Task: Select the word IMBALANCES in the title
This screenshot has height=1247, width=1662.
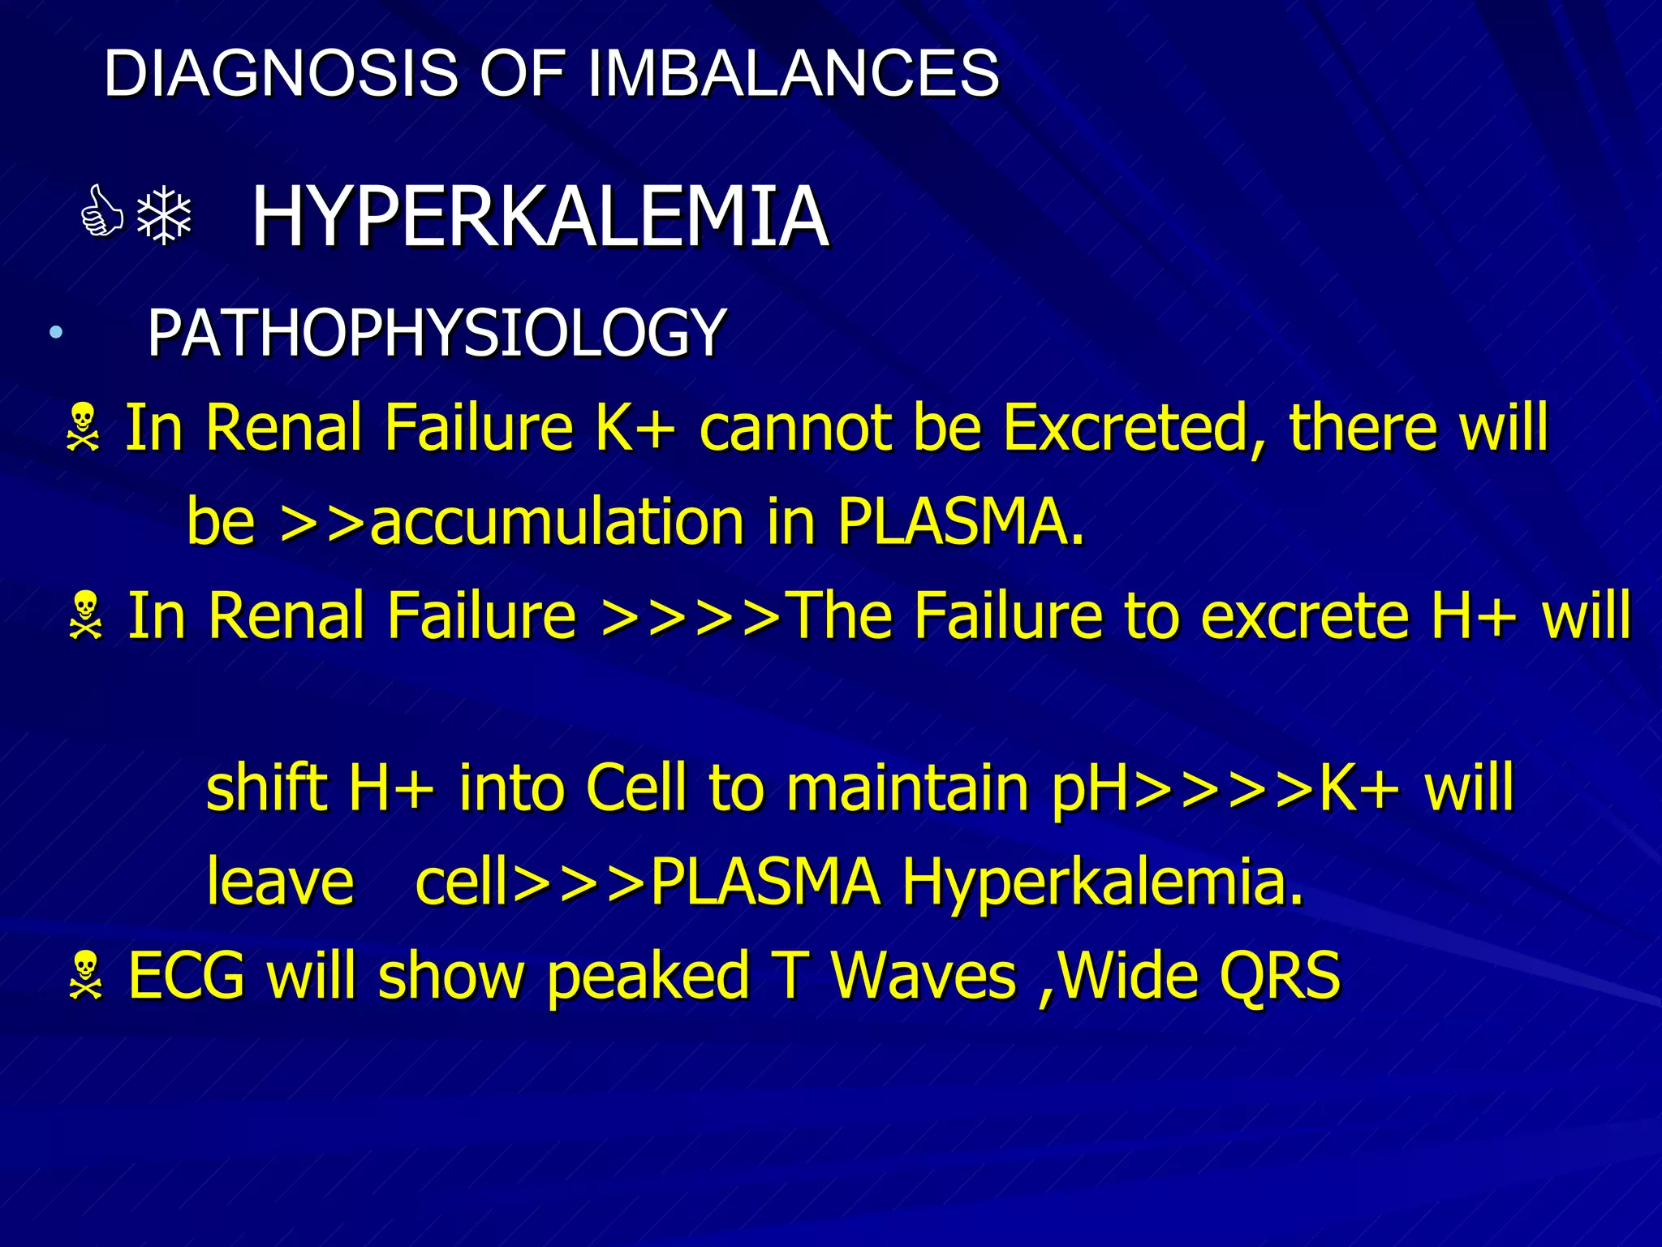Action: click(x=792, y=73)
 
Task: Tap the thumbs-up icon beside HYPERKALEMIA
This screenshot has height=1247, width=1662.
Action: click(x=102, y=214)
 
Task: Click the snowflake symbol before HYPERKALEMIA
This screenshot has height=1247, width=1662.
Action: click(x=164, y=215)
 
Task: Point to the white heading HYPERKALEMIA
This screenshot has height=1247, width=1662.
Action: click(x=540, y=217)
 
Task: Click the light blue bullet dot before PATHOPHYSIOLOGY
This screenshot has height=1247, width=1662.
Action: click(x=55, y=332)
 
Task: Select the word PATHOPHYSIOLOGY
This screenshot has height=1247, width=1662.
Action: click(x=436, y=333)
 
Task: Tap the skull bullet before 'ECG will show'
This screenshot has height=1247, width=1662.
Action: click(x=85, y=977)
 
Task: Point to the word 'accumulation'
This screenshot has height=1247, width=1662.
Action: click(x=557, y=521)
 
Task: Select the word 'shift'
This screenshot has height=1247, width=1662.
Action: click(x=265, y=787)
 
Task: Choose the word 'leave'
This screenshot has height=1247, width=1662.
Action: click(x=280, y=882)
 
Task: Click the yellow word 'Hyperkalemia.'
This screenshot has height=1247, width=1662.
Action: click(x=1103, y=883)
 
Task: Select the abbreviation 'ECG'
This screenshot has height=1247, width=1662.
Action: click(x=187, y=976)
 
